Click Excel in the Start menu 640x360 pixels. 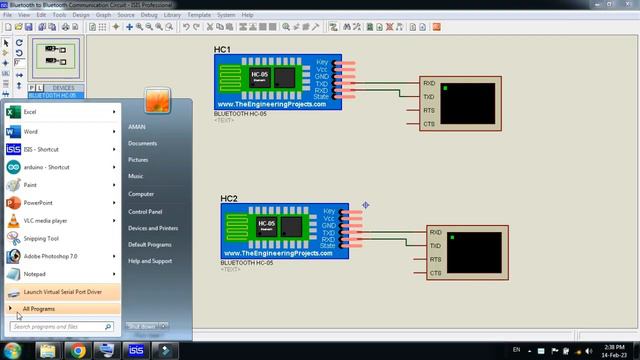point(30,113)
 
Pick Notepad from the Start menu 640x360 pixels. point(35,273)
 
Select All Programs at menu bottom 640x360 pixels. point(39,309)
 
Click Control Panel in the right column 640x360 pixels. point(145,211)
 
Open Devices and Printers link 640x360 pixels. point(153,228)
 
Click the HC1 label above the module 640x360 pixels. point(222,49)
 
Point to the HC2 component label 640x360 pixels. point(229,200)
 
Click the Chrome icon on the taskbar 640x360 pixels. point(78,350)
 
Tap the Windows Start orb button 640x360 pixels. point(13,350)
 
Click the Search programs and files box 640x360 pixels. point(60,326)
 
